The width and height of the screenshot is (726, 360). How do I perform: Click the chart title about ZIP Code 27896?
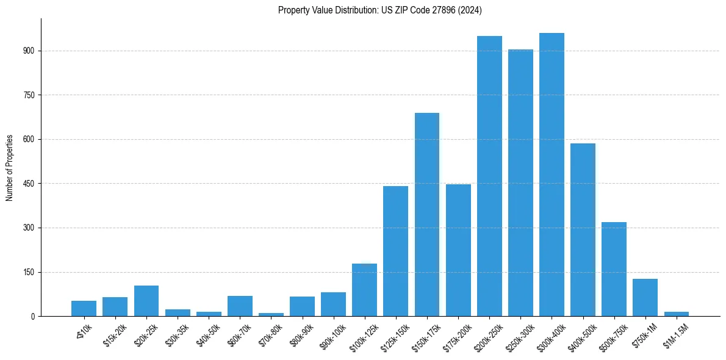380,10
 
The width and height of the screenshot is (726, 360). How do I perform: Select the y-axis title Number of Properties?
10,168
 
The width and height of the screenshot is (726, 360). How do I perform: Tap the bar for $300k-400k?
552,175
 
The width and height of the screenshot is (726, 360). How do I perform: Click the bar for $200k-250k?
489,176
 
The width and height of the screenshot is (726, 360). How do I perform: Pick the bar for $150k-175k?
427,215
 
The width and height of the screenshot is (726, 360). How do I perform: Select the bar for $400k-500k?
583,230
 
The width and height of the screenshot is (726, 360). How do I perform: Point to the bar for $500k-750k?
614,269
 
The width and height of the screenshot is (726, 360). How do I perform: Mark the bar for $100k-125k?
364,290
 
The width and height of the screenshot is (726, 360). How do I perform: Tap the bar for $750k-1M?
645,298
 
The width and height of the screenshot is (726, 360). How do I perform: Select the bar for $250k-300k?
520,183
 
